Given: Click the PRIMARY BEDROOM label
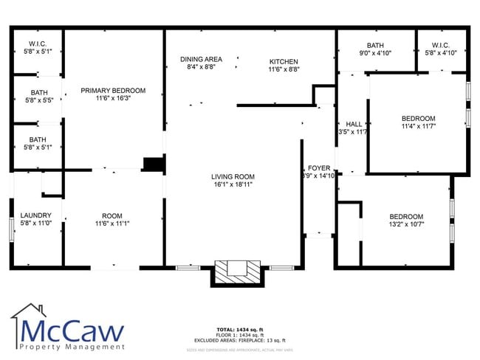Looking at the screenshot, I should point(113,91).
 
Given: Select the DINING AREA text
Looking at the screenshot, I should point(202,59).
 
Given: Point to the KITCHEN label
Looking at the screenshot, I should point(283,61).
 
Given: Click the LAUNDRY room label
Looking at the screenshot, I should point(35,215).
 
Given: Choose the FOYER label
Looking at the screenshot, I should point(319,168).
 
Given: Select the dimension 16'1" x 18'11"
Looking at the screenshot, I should point(233,184).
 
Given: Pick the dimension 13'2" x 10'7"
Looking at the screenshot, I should point(406,224).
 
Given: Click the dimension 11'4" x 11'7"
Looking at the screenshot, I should point(418,126).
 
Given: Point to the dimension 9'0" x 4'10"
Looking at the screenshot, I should point(375,53).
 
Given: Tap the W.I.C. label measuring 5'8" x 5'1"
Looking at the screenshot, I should point(35,52).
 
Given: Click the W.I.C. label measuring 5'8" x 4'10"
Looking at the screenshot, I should point(442,53).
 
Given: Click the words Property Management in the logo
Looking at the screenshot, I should point(72,347).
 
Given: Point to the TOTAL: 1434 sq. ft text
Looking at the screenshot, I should point(239,328).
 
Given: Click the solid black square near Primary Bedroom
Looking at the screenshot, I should point(153,164).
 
